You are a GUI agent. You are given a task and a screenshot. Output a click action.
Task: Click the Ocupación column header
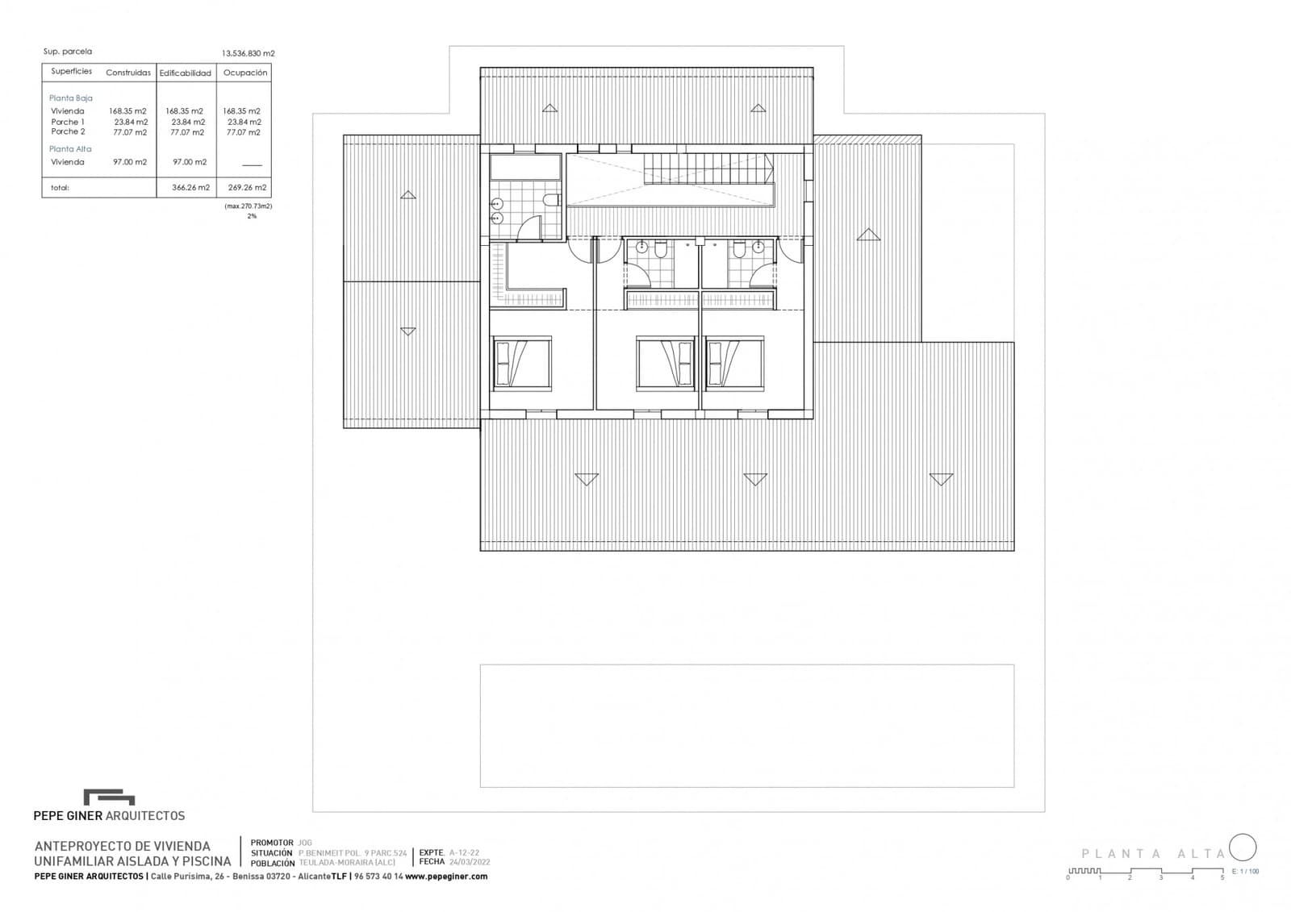(245, 73)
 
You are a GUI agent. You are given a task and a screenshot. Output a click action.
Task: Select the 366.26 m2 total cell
(190, 188)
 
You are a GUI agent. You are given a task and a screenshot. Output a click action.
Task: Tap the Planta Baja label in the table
(71, 98)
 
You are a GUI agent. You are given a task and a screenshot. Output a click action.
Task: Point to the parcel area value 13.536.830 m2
(249, 53)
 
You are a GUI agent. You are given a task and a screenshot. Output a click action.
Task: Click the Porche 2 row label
(68, 131)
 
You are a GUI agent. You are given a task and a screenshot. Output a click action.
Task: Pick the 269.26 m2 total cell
(247, 188)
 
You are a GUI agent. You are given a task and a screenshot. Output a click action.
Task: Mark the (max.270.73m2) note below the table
(249, 206)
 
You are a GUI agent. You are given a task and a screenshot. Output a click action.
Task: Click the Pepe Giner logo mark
(109, 797)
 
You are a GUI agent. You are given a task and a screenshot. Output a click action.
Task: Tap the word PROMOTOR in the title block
(272, 843)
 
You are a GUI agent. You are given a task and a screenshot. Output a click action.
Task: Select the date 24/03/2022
(470, 862)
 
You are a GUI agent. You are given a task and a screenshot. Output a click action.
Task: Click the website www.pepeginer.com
(446, 877)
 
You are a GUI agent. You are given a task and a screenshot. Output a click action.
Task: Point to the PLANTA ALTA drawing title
(1153, 854)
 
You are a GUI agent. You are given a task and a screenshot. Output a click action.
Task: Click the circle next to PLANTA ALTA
(1243, 847)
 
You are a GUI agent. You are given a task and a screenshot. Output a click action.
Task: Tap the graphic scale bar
(1146, 872)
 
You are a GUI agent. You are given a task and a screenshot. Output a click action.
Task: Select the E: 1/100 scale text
(1245, 872)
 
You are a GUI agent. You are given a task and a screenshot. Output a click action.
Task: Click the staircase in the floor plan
(708, 169)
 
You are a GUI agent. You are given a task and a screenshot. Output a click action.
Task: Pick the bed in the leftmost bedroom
(521, 363)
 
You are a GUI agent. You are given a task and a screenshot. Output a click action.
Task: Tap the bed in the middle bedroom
(666, 363)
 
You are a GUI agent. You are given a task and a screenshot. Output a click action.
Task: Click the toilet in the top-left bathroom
(552, 200)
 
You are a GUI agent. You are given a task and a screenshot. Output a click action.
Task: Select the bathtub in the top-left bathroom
(525, 168)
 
